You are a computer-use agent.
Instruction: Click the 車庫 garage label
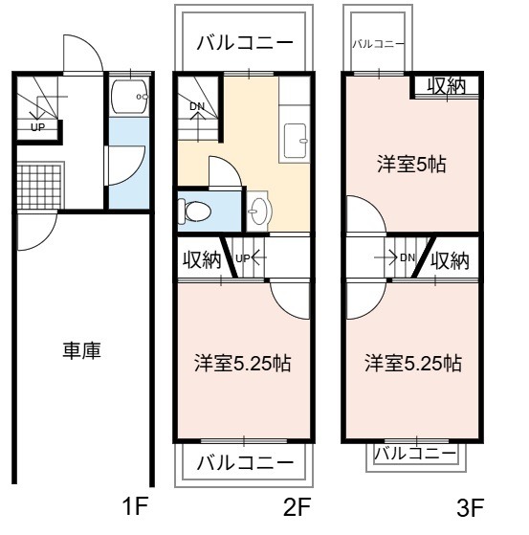click(x=82, y=350)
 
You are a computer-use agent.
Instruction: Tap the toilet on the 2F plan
click(x=194, y=212)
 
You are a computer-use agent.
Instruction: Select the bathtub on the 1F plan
click(x=129, y=97)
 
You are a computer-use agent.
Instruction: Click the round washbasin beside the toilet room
click(x=259, y=211)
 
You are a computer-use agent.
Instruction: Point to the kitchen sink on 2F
click(x=296, y=141)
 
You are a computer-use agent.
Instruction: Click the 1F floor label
click(x=135, y=506)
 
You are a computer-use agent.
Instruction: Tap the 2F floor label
click(x=298, y=506)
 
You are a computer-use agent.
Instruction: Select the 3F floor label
click(x=470, y=508)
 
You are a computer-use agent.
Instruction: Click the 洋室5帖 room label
click(x=411, y=165)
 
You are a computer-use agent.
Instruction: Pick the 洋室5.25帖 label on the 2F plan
click(x=243, y=363)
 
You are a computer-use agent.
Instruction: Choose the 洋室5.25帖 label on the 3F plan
click(x=413, y=363)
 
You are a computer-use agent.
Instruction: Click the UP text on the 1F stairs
click(x=38, y=127)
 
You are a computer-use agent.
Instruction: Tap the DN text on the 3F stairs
click(x=408, y=257)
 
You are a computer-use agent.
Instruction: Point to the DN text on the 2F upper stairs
click(x=197, y=106)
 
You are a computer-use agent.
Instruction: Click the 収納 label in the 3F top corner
click(x=447, y=86)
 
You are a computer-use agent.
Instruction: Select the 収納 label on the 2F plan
click(x=202, y=260)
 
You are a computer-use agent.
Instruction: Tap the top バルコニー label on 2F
click(x=245, y=43)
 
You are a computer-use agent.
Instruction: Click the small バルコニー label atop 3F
click(x=378, y=44)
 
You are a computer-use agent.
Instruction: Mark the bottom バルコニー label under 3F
click(x=415, y=454)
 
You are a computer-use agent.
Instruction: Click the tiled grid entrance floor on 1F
click(x=40, y=187)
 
